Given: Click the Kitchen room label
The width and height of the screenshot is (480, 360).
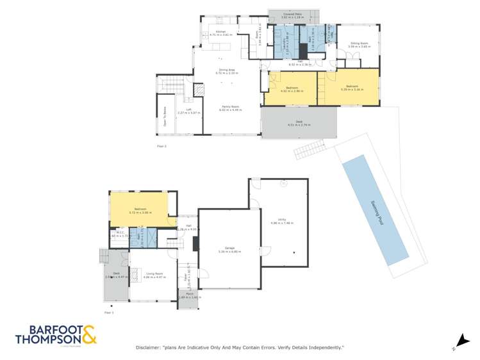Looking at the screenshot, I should pyautogui.click(x=220, y=32).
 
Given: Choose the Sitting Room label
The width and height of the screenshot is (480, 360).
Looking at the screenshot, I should pyautogui.click(x=356, y=44).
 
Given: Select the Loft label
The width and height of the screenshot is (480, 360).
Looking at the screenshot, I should pyautogui.click(x=189, y=110).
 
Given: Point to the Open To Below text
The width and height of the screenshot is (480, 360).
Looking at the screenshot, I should pyautogui.click(x=165, y=115).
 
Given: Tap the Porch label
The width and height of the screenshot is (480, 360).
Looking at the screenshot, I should pyautogui.click(x=190, y=295).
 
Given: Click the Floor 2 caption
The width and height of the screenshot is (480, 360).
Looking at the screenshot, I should pyautogui.click(x=162, y=146).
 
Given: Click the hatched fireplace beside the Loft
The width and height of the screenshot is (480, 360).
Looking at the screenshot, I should pyautogui.click(x=199, y=92).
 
